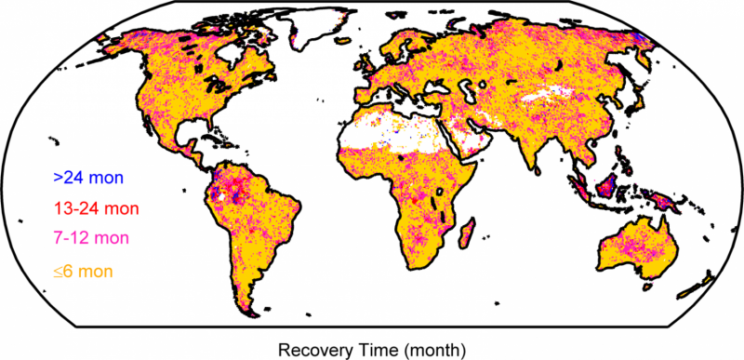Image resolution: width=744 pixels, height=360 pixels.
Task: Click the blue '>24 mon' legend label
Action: [88, 176]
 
